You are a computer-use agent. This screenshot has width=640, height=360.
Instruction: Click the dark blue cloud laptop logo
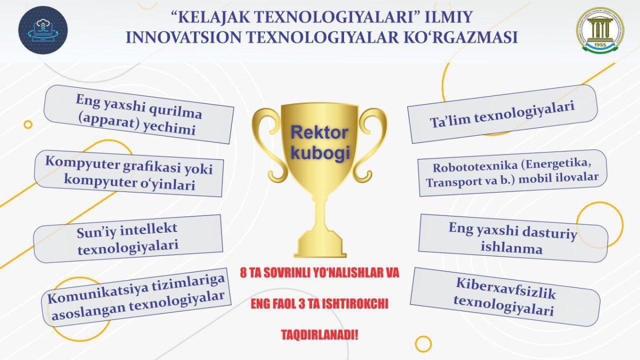[x=43, y=30]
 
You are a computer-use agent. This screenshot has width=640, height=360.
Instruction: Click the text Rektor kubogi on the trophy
[x=319, y=143]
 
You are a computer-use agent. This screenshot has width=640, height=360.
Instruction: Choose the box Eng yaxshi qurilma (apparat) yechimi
[x=139, y=114]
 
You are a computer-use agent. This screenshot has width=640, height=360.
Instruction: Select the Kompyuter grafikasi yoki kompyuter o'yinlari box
[x=129, y=173]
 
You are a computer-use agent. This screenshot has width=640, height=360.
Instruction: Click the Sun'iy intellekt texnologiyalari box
[x=127, y=239]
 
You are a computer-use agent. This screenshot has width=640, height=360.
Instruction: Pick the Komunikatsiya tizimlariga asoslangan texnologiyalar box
[x=137, y=298]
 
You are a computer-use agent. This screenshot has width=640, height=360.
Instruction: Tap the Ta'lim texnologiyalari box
[x=502, y=114]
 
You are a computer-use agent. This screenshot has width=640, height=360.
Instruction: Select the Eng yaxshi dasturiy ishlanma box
[x=513, y=238]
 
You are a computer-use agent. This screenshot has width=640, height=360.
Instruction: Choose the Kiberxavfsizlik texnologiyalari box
[x=505, y=297]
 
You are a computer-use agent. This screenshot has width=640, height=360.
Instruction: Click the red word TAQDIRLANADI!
[x=319, y=334]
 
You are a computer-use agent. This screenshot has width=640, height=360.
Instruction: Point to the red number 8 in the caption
[x=243, y=273]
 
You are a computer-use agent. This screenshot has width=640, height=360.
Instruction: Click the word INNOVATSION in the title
[x=184, y=37]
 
